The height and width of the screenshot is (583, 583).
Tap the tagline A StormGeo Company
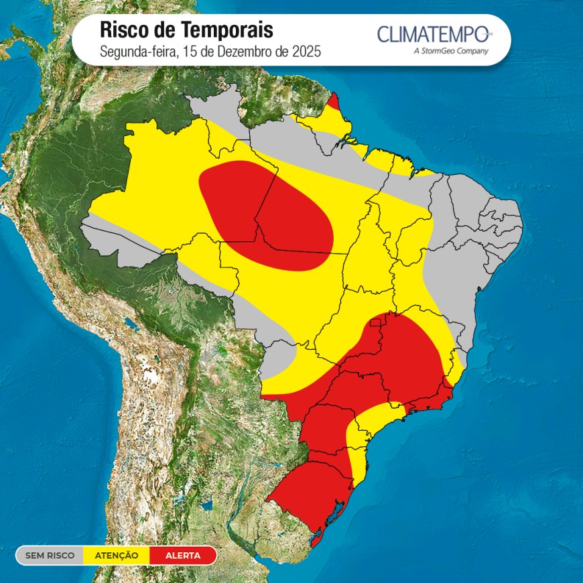[x=451, y=51]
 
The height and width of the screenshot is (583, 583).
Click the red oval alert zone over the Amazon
[x=268, y=214]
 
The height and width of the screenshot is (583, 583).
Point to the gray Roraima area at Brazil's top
[x=218, y=107]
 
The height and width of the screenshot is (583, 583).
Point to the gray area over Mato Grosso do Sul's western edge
[x=275, y=362]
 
